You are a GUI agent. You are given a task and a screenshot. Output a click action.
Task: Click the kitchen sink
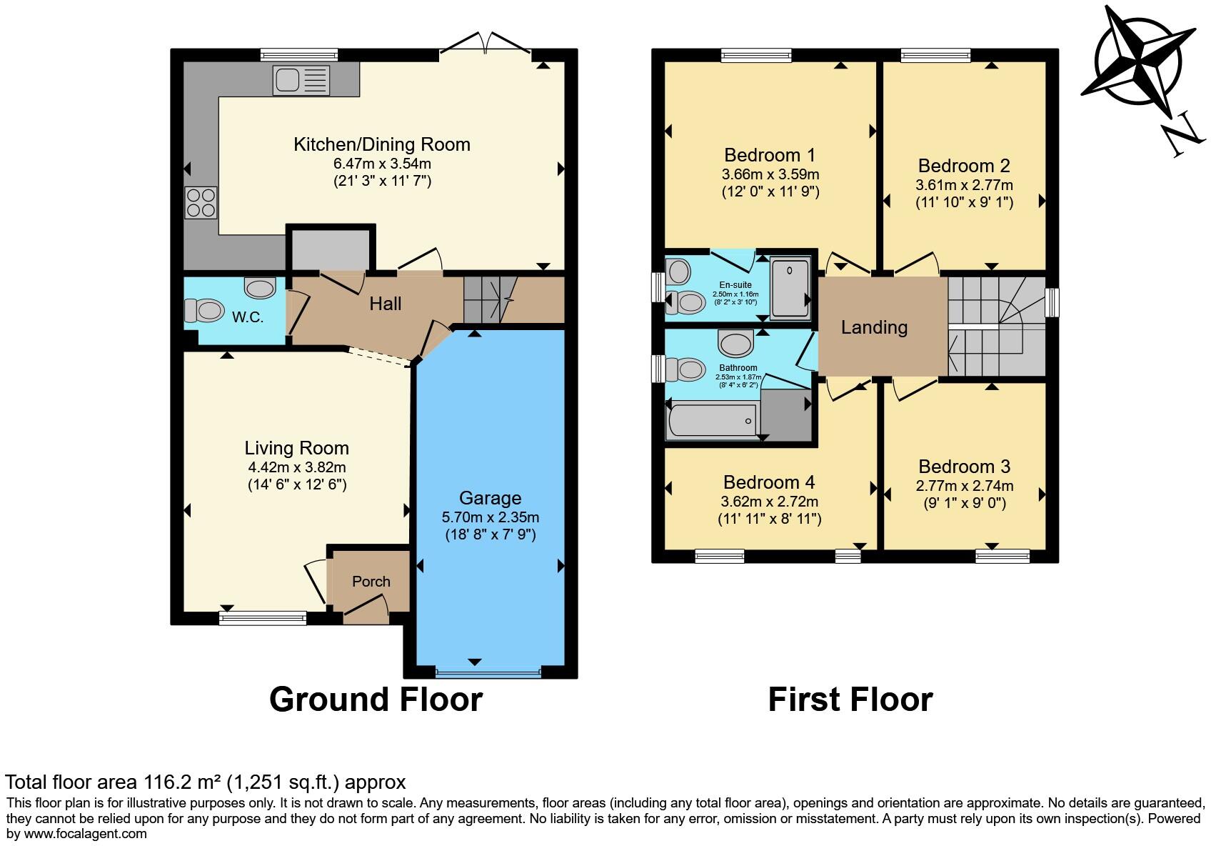click(x=301, y=81)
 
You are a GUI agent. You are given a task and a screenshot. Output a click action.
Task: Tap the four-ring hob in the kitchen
click(x=201, y=202)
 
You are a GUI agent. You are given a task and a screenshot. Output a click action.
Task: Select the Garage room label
click(x=491, y=497)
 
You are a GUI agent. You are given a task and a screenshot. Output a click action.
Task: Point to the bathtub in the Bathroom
click(x=713, y=420)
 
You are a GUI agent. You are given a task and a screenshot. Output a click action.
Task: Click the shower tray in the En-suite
click(x=790, y=288)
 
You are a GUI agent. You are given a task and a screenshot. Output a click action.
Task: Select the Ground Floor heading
click(x=376, y=700)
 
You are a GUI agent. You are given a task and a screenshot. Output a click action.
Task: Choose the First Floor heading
click(x=850, y=700)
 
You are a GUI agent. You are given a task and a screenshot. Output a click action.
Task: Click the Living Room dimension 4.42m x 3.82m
click(x=297, y=467)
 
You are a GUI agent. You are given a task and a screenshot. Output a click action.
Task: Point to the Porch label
click(x=371, y=582)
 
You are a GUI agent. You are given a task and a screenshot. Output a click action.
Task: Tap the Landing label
click(x=874, y=327)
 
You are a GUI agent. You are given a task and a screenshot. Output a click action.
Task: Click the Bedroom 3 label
click(x=965, y=467)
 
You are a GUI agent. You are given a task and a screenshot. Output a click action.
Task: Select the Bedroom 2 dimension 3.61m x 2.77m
click(x=965, y=185)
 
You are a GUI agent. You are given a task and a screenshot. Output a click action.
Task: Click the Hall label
click(x=386, y=304)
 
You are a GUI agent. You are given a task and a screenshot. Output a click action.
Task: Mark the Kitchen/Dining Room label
click(x=382, y=144)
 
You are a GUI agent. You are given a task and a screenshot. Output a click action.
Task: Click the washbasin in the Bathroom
click(x=735, y=343)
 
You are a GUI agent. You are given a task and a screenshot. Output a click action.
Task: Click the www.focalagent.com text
click(x=86, y=834)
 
